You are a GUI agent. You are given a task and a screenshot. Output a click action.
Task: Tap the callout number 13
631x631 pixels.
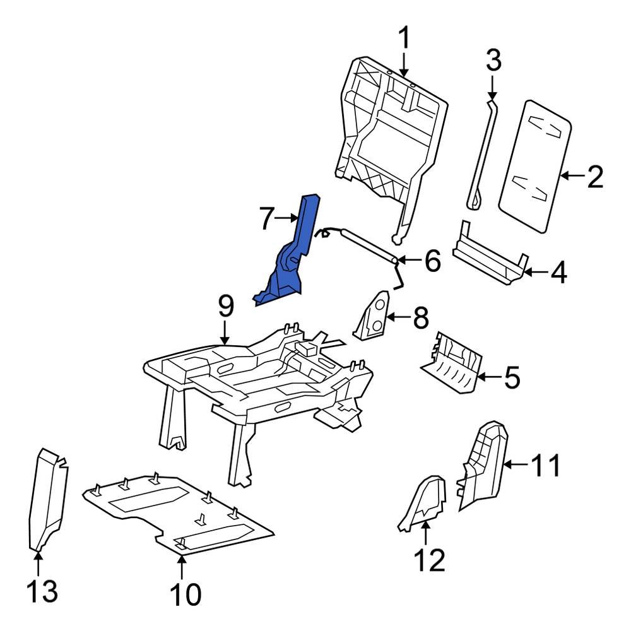(42, 591)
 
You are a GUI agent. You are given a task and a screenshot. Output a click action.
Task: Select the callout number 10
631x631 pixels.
(182, 594)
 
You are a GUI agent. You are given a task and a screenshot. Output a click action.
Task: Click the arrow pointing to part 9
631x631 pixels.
(225, 333)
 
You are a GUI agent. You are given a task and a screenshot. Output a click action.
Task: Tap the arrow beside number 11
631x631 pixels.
(514, 466)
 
